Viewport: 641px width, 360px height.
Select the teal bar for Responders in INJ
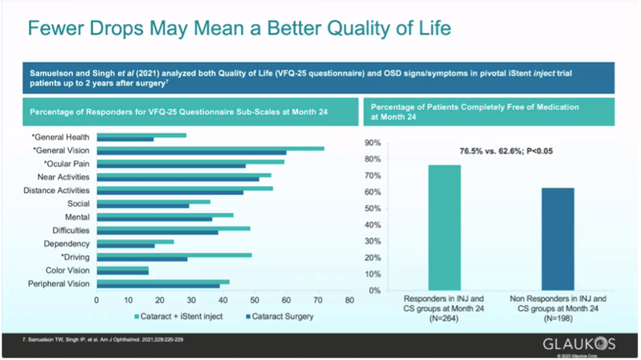tap(444, 227)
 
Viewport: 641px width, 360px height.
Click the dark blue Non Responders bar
tap(557, 239)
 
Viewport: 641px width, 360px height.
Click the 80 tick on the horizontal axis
tap(349, 300)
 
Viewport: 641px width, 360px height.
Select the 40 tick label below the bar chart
tap(223, 300)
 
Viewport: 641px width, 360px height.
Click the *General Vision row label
tap(60, 150)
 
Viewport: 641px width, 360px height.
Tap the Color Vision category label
tap(67, 270)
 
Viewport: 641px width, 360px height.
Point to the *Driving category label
tap(75, 257)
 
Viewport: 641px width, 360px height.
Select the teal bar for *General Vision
tap(210, 148)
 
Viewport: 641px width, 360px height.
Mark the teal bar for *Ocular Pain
tap(190, 161)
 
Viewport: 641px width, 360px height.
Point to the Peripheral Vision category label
tap(59, 284)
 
